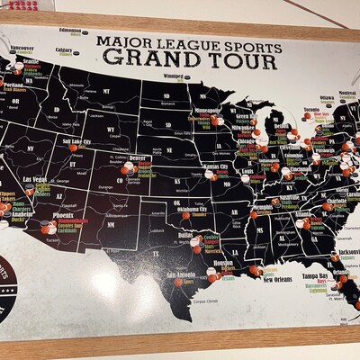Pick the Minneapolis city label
click(208, 110)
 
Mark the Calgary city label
click(64, 50)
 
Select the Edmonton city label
click(76, 31)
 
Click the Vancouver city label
click(22, 48)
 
